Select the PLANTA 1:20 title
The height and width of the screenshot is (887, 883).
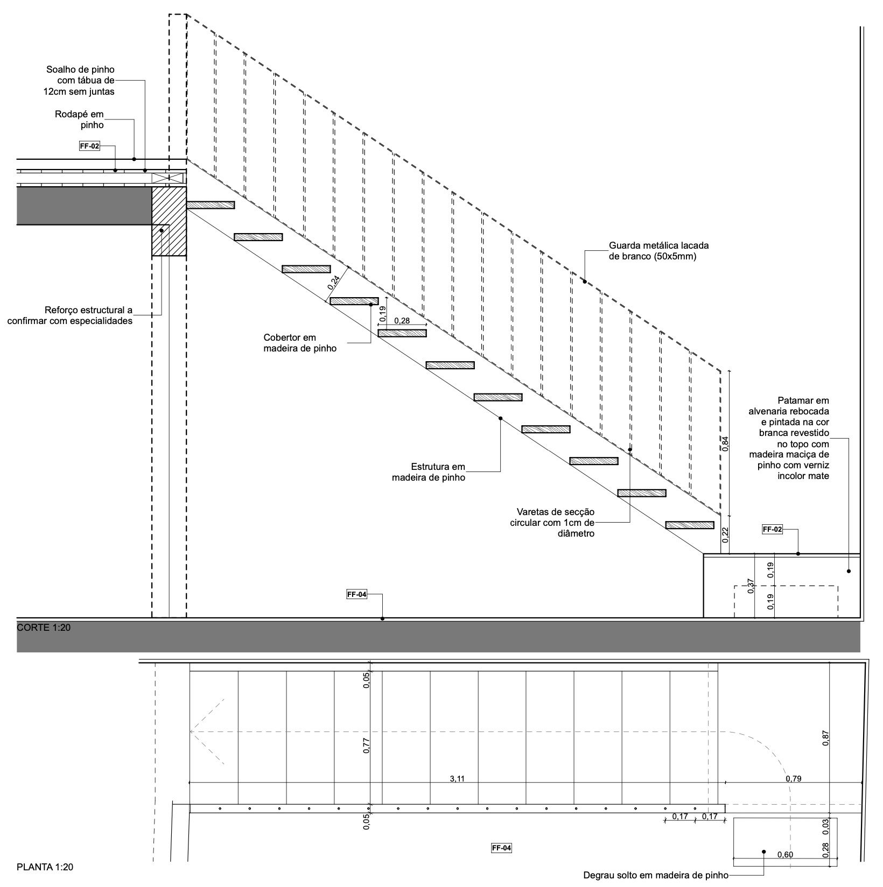45,867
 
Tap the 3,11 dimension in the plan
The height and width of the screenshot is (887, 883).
457,778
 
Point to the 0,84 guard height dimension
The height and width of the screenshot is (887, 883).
726,443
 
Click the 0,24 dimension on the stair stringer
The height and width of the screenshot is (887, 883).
334,283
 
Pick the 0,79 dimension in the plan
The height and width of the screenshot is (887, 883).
793,778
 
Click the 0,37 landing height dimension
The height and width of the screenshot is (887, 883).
752,586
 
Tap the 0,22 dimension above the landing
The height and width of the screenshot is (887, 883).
726,534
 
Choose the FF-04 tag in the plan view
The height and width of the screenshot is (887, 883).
501,848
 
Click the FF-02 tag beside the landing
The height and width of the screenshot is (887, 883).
773,529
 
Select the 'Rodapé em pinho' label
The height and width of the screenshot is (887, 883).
79,119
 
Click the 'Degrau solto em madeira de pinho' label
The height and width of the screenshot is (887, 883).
656,876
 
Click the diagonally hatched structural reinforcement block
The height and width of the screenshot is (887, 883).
169,221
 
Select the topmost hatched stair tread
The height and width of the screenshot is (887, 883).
211,205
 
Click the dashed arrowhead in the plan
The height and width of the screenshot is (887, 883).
207,732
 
